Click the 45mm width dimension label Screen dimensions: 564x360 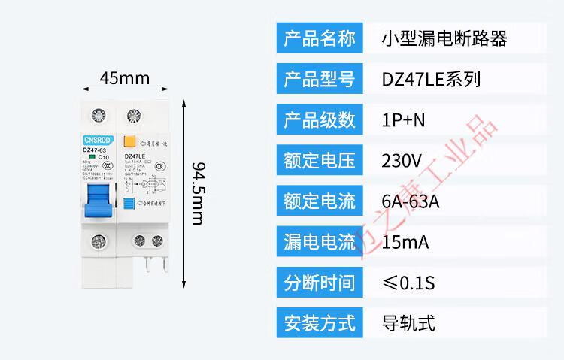click(x=124, y=78)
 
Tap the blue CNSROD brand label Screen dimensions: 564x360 click(x=96, y=139)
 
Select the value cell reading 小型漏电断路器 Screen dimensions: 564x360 click(x=444, y=38)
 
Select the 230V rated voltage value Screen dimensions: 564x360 click(x=402, y=160)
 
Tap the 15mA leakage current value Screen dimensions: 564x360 click(x=406, y=241)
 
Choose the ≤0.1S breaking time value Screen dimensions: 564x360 click(x=409, y=283)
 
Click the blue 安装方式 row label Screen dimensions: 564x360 click(x=320, y=323)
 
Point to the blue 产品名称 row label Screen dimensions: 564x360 click(x=320, y=38)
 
